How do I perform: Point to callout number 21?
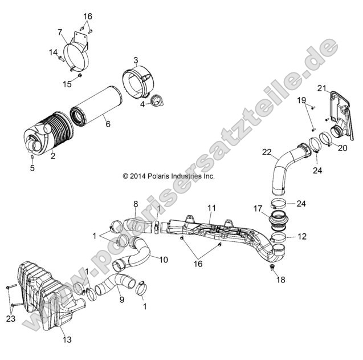tap(321, 87)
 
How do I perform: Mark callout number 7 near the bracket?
tap(60, 31)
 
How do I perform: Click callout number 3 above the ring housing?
tap(136, 60)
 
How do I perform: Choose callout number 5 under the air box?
tap(32, 168)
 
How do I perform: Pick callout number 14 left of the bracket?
tap(52, 52)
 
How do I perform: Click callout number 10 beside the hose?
tap(163, 260)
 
